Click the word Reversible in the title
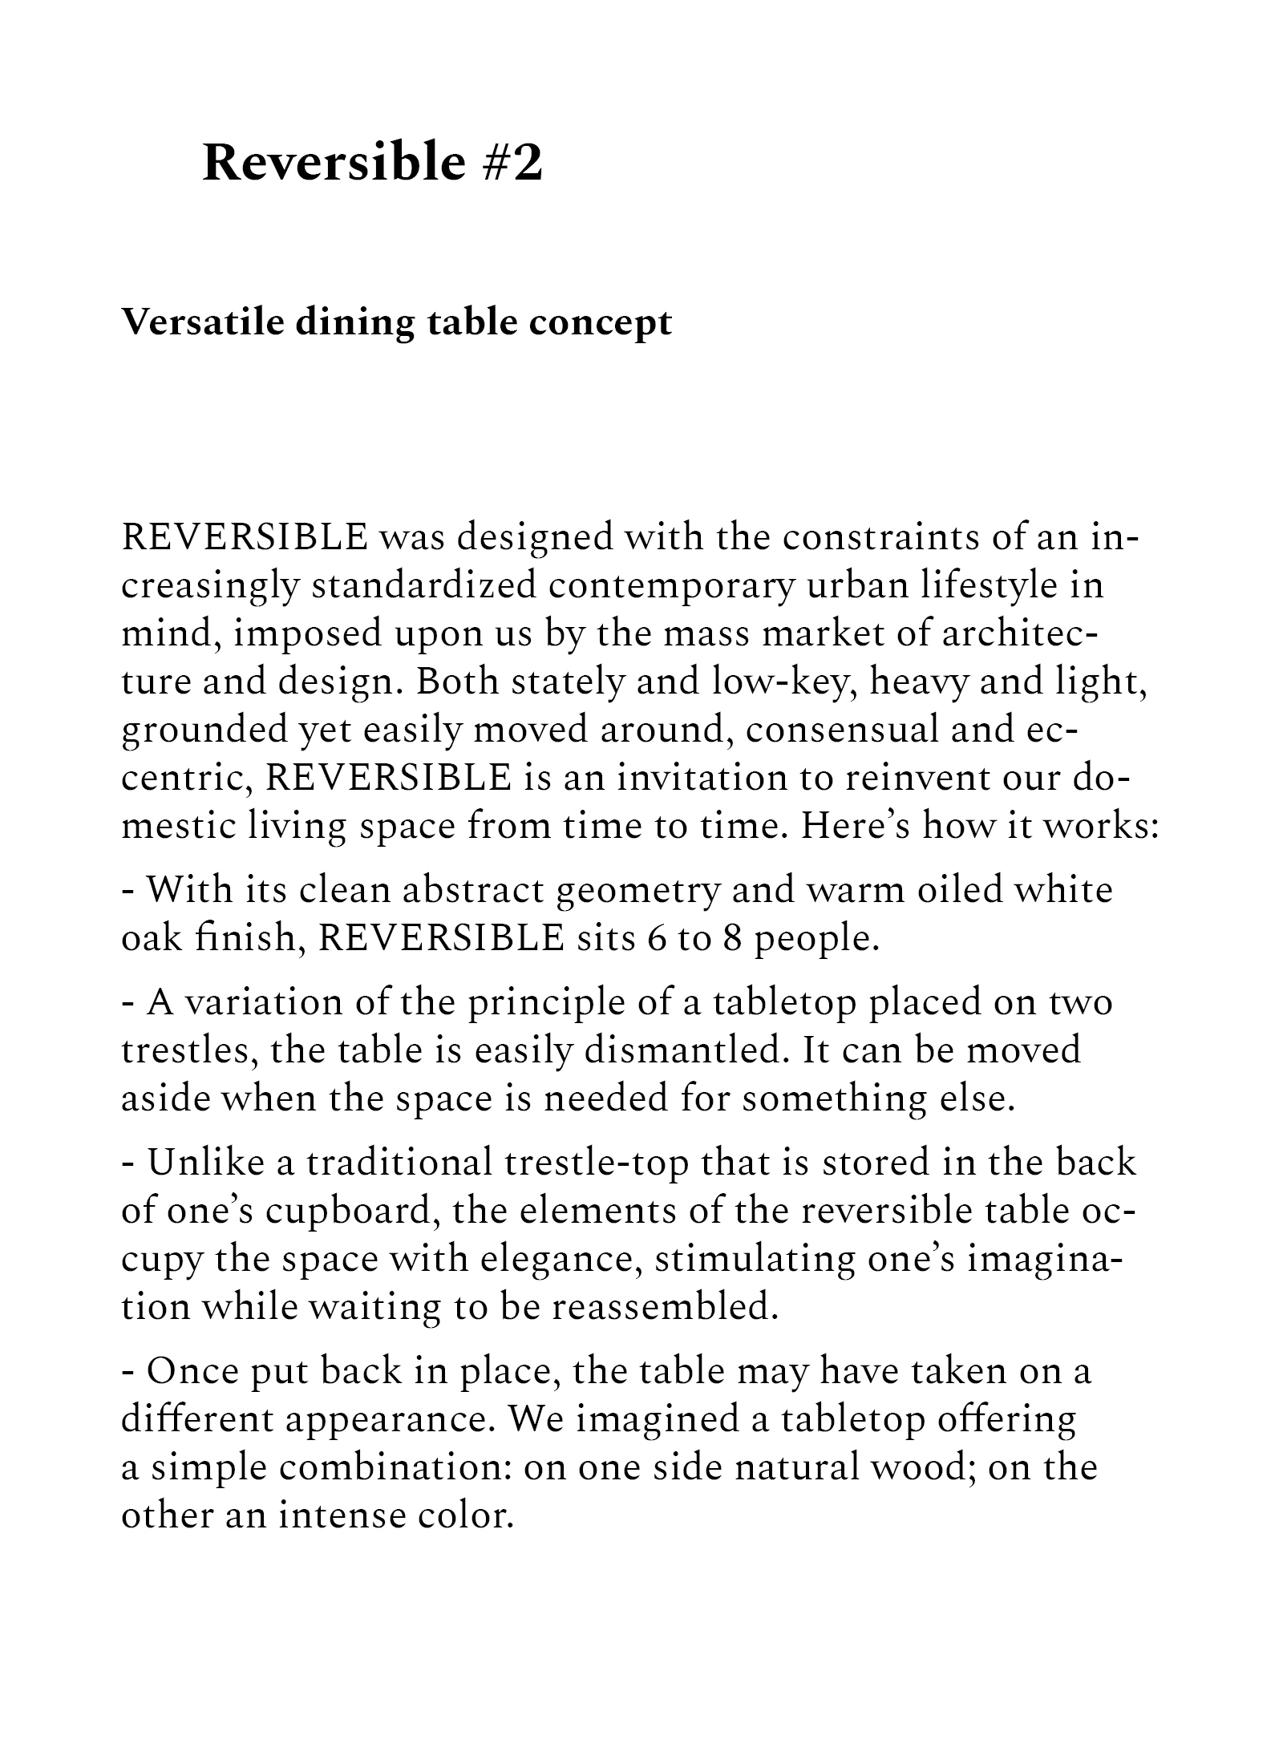point(334,162)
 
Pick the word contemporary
point(672,586)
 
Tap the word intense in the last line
point(342,1516)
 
